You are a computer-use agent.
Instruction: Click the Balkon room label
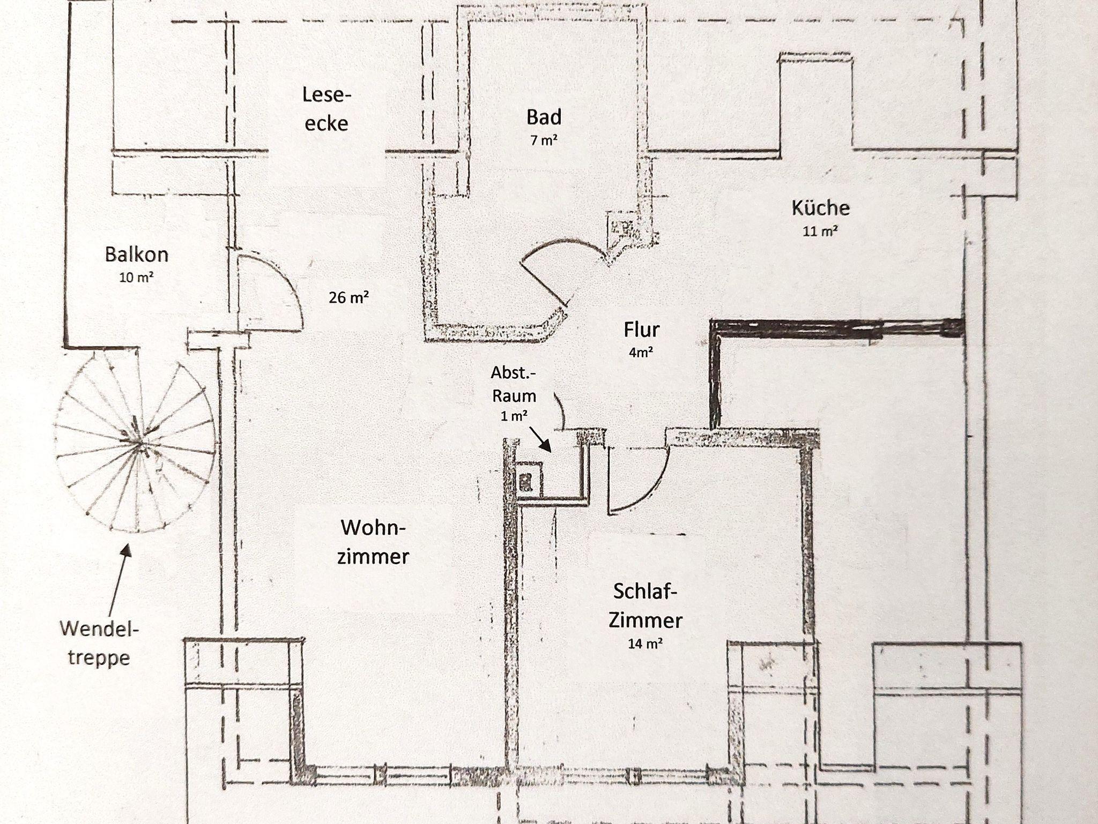(137, 254)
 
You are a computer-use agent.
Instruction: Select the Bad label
(544, 117)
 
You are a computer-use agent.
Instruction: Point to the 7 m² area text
(544, 140)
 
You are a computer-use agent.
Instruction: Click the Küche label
(820, 207)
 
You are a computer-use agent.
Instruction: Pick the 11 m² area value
(820, 231)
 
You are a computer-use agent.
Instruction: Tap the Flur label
(641, 329)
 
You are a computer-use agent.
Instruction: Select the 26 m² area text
(348, 297)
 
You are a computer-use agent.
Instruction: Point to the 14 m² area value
(645, 643)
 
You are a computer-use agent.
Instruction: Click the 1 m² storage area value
(514, 416)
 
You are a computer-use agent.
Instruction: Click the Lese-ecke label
(326, 109)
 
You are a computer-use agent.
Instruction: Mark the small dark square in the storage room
(525, 482)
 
